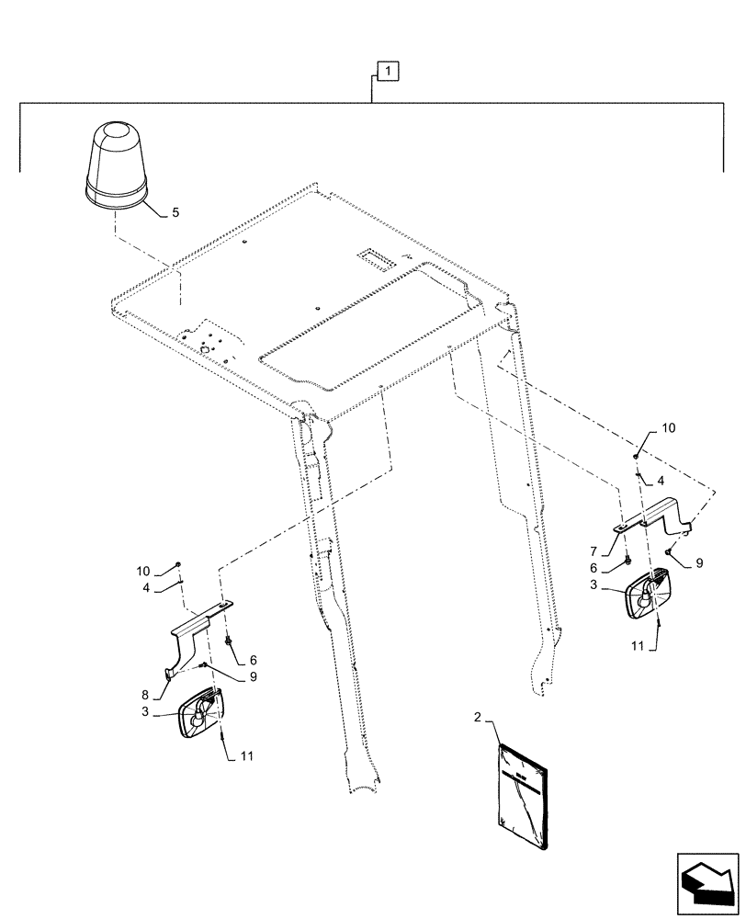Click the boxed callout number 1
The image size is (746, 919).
pyautogui.click(x=388, y=71)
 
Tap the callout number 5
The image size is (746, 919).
pyautogui.click(x=175, y=212)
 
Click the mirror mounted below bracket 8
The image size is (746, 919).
pyautogui.click(x=206, y=713)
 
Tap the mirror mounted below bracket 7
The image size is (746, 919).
pyautogui.click(x=649, y=594)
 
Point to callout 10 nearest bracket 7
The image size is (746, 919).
pyautogui.click(x=667, y=429)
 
